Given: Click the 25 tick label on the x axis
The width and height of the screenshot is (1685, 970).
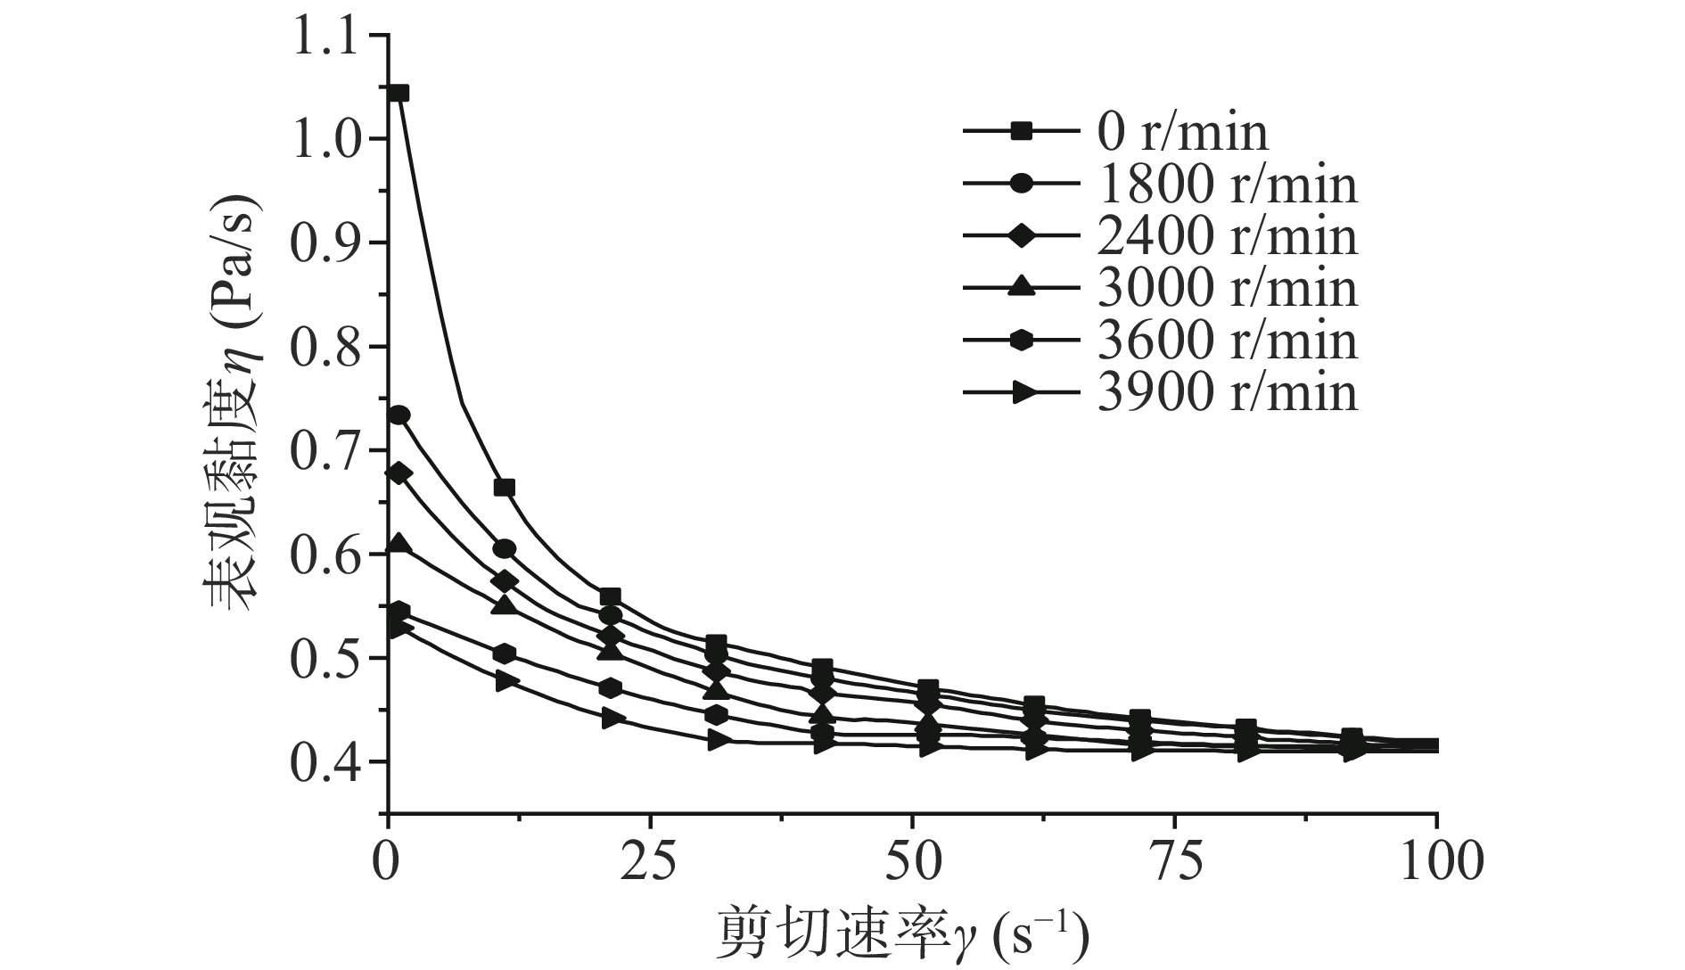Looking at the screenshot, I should tap(650, 862).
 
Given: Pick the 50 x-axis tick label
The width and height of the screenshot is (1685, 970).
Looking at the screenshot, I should tap(912, 862).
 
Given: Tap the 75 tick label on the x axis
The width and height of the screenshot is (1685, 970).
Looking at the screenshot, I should tap(1174, 862).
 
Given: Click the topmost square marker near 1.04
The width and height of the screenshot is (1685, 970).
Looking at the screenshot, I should tap(399, 93).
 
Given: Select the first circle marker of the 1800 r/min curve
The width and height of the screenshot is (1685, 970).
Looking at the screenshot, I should tap(399, 415).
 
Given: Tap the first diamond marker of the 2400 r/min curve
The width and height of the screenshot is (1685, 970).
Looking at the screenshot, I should tap(399, 473).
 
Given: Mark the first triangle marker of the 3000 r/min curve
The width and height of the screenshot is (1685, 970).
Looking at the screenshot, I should tap(399, 543).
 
